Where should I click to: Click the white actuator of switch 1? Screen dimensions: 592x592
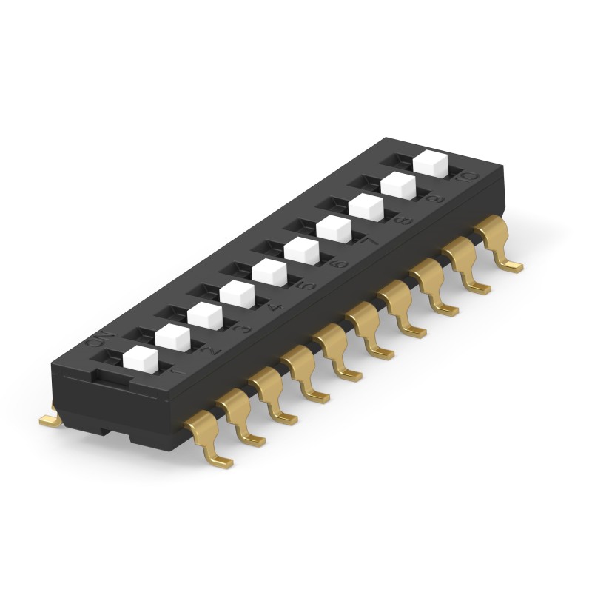pyautogui.click(x=140, y=360)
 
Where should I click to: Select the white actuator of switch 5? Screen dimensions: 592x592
pyautogui.click(x=269, y=274)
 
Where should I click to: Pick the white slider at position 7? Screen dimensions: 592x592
pyautogui.click(x=334, y=229)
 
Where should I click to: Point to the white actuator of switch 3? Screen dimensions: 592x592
pyautogui.click(x=205, y=317)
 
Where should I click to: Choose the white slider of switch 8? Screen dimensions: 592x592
pyautogui.click(x=366, y=207)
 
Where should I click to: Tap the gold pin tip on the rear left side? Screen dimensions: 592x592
pyautogui.click(x=49, y=420)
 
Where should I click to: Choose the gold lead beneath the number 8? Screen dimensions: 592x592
pyautogui.click(x=434, y=289)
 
